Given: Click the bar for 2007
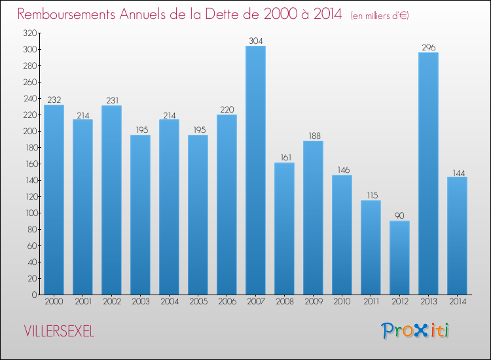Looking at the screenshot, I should pos(255,170).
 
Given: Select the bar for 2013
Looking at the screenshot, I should pos(428,173).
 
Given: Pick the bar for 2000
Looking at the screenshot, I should pos(54,200).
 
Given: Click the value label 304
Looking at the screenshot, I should pos(255,41).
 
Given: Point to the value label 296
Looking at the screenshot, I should pos(428,48).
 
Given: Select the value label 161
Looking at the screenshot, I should pos(284,158).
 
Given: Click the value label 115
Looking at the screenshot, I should pos(371,196).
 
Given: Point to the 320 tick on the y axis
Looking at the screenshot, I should pos(29,33).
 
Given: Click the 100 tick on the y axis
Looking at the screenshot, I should pos(29,213).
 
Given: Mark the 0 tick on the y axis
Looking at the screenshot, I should pos(33,295).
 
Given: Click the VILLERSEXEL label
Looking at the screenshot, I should pos(59,332).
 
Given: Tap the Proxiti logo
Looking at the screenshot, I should pos(414,331).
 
